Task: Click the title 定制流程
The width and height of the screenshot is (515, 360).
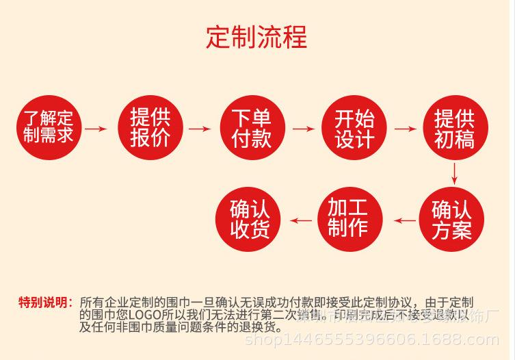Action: coord(256,36)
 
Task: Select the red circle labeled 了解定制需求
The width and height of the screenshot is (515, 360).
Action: coord(48,127)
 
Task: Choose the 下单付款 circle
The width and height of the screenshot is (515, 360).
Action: coord(252,127)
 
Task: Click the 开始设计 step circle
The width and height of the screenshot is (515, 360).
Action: coord(354,127)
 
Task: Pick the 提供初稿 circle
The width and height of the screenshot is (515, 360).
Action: coord(455,127)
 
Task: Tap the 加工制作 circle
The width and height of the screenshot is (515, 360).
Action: coord(349,220)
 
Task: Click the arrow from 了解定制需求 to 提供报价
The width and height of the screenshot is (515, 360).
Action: coord(97,128)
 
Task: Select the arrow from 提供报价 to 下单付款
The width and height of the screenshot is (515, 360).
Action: coord(200,128)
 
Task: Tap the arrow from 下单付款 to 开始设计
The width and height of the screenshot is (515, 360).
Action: coord(302,128)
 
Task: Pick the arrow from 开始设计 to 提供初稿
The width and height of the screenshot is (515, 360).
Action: coord(405,128)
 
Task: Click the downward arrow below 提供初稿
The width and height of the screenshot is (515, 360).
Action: coord(455,173)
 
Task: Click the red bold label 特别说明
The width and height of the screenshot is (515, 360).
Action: coord(44,303)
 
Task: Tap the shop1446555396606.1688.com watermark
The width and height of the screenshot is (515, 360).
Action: coord(372,339)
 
